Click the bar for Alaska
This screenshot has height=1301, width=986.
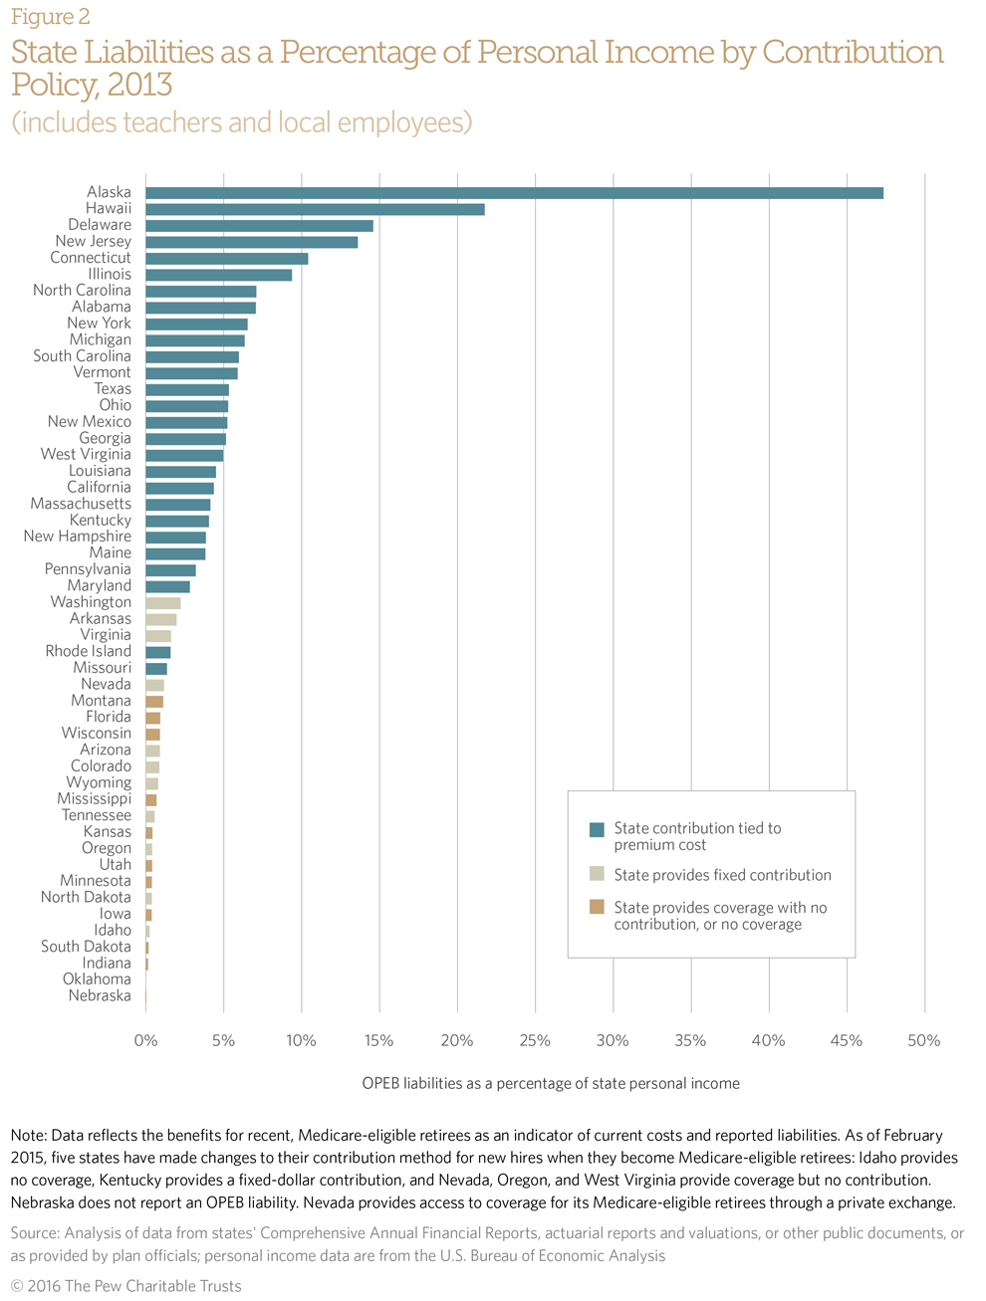pos(514,193)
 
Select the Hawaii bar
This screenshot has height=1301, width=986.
pos(315,209)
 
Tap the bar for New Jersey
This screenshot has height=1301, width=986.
pos(251,242)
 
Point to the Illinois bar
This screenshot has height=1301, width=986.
pos(218,275)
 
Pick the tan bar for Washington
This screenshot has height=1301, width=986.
pos(163,603)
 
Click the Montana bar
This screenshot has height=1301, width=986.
pos(154,702)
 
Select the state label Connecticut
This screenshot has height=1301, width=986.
pos(91,258)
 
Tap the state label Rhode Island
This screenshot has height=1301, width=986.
pos(88,651)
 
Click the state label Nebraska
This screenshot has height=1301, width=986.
pos(100,995)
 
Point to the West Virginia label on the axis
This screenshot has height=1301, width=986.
pos(86,454)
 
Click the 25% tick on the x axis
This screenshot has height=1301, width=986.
pos(535,1041)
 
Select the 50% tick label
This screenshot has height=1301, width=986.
pos(924,1041)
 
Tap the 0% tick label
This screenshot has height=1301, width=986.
pos(145,1041)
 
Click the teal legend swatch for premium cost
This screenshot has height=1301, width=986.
pos(598,830)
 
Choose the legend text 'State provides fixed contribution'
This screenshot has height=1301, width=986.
pos(722,875)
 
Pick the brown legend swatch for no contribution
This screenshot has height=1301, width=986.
pos(598,907)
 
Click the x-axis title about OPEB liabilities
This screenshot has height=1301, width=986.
pos(551,1083)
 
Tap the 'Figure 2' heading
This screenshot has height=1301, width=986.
pos(51,17)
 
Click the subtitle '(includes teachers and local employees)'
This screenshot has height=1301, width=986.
pos(241,122)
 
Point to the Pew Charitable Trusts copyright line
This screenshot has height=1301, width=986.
pos(126,1286)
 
